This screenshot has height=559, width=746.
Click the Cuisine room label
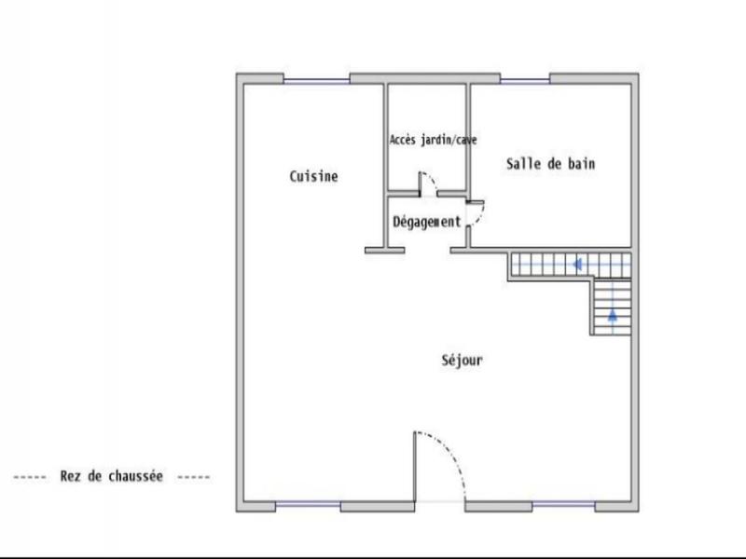tap(313, 176)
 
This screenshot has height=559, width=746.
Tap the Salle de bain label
tap(550, 164)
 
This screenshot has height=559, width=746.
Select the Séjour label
tap(462, 361)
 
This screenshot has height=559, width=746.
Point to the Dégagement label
tap(426, 222)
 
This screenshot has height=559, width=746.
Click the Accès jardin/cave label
tap(433, 140)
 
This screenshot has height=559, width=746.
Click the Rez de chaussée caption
tap(111, 476)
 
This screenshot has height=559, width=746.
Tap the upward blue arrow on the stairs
tap(613, 315)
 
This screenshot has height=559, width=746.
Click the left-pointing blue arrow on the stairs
tap(578, 265)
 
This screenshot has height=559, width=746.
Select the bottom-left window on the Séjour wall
tap(308, 505)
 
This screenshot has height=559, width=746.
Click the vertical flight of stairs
tap(611, 307)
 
